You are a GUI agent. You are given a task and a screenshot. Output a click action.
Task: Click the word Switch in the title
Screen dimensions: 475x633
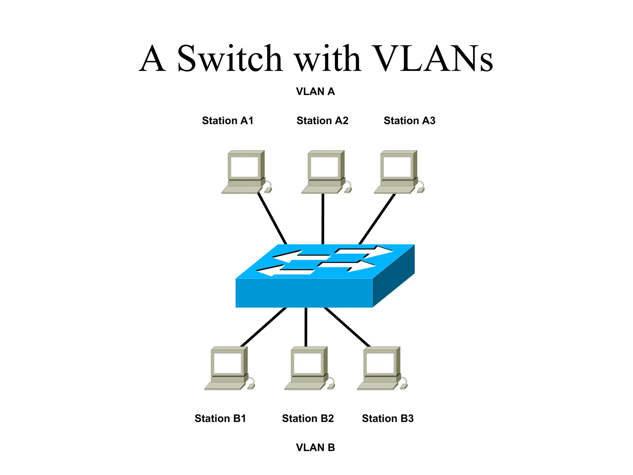coord(229,59)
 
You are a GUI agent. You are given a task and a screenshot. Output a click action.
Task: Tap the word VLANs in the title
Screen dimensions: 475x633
coord(433,59)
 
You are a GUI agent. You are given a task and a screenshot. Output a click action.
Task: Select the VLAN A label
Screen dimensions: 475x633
coord(315,92)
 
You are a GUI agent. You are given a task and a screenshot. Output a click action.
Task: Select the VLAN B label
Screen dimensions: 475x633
coord(315,447)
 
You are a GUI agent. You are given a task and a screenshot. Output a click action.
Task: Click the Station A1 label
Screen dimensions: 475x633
coord(227,121)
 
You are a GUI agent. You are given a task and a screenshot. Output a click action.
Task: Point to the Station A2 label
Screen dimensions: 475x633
coord(322,121)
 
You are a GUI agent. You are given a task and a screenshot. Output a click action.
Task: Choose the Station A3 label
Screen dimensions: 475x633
coord(410,121)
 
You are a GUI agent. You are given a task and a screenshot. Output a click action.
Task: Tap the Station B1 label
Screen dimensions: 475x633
coord(220,418)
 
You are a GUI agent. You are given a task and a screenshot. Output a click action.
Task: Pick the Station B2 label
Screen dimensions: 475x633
coord(308,418)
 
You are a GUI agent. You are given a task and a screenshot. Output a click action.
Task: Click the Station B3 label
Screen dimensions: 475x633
coord(388,418)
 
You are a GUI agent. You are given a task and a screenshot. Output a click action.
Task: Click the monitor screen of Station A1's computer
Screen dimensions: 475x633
coord(244,167)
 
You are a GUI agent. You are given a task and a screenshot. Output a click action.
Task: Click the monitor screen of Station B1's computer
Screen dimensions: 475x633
coord(227,363)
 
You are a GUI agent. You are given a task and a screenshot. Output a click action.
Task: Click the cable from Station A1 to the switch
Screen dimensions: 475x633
coord(272,218)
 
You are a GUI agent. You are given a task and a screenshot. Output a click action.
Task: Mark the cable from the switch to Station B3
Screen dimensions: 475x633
coord(347,327)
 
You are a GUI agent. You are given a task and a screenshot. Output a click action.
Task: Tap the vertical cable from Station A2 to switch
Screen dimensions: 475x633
coord(323,219)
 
